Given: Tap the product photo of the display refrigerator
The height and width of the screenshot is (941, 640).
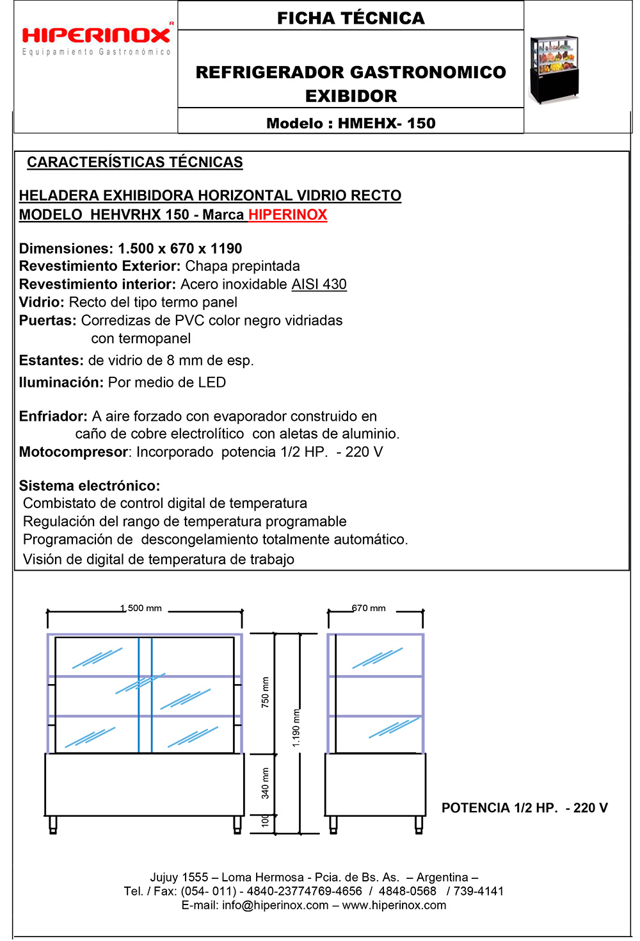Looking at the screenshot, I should pyautogui.click(x=554, y=69).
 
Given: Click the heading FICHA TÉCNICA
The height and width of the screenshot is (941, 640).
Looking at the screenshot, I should pyautogui.click(x=351, y=18).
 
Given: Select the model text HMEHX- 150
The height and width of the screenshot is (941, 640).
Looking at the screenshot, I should pyautogui.click(x=387, y=124).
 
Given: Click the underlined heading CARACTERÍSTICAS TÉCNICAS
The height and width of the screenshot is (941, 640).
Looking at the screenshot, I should pyautogui.click(x=134, y=163).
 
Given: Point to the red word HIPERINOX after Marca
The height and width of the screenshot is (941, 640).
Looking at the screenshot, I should pyautogui.click(x=288, y=215).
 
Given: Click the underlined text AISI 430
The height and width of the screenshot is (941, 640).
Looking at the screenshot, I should pyautogui.click(x=319, y=284).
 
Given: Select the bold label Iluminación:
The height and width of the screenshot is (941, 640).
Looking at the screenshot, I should pyautogui.click(x=61, y=382).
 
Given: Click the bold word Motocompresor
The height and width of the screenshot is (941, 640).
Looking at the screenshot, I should pyautogui.click(x=73, y=452).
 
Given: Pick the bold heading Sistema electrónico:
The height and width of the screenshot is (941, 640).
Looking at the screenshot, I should pyautogui.click(x=90, y=486).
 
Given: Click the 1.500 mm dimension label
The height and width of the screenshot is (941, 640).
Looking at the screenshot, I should pyautogui.click(x=141, y=608).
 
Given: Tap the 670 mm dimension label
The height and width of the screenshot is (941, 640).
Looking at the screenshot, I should pyautogui.click(x=369, y=608).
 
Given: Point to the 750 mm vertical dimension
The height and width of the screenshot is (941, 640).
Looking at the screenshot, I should pyautogui.click(x=266, y=692).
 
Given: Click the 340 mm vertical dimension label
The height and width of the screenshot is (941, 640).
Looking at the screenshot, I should pyautogui.click(x=266, y=783).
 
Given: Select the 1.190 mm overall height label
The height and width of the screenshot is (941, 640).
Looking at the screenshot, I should pyautogui.click(x=296, y=728).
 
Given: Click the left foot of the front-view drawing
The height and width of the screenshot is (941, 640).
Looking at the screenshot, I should pyautogui.click(x=53, y=824).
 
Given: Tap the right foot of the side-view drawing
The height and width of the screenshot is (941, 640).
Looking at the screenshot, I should pyautogui.click(x=419, y=824).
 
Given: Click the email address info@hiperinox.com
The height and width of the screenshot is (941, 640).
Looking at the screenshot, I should pyautogui.click(x=275, y=905).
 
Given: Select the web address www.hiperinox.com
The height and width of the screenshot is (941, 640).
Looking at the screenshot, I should pyautogui.click(x=394, y=905).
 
